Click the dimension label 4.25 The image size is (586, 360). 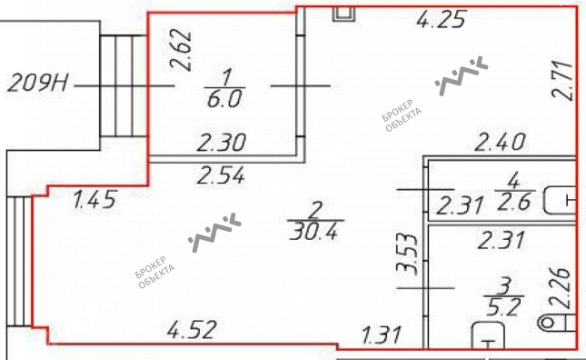pyautogui.click(x=442, y=19)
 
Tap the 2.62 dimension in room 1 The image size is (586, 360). pyautogui.click(x=182, y=51)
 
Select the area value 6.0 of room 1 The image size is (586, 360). pyautogui.click(x=224, y=99)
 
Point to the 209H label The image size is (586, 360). pyautogui.click(x=38, y=83)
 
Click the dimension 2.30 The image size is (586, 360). pyautogui.click(x=222, y=143)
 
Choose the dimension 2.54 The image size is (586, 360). pyautogui.click(x=221, y=175)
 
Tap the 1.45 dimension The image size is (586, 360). pyautogui.click(x=94, y=199)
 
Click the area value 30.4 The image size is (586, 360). pyautogui.click(x=313, y=232)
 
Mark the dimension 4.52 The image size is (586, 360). pyautogui.click(x=192, y=329)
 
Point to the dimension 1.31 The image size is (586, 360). pyautogui.click(x=382, y=335)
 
